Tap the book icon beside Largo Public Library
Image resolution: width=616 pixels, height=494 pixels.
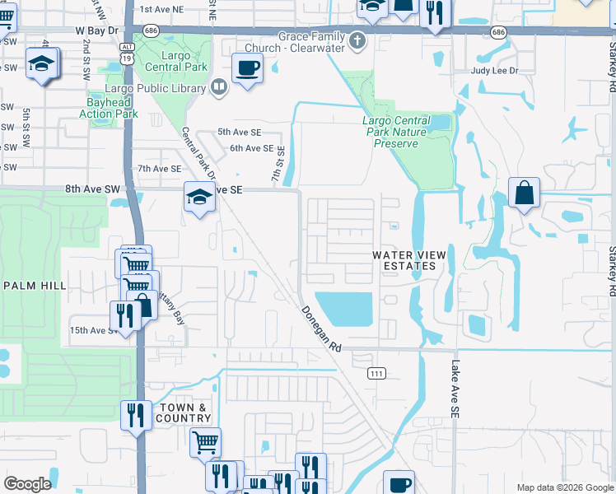pyautogui.click(x=219, y=86)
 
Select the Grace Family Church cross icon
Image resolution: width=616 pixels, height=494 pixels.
pyautogui.click(x=357, y=39)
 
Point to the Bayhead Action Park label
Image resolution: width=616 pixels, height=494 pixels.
pyautogui.click(x=109, y=108)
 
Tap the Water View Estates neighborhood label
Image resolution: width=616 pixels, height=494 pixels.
pyautogui.click(x=404, y=260)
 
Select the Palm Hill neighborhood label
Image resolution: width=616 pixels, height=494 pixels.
pyautogui.click(x=34, y=285)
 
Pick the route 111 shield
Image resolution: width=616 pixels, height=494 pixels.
pyautogui.click(x=376, y=373)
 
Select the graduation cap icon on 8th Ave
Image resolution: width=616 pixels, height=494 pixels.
pyautogui.click(x=198, y=196)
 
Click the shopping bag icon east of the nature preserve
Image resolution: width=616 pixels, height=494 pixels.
pyautogui.click(x=524, y=193)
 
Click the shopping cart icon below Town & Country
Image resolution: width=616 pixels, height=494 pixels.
pyautogui.click(x=205, y=441)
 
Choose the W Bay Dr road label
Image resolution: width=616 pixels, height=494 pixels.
pyautogui.click(x=96, y=30)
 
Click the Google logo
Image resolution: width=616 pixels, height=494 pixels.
pyautogui.click(x=27, y=483)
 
